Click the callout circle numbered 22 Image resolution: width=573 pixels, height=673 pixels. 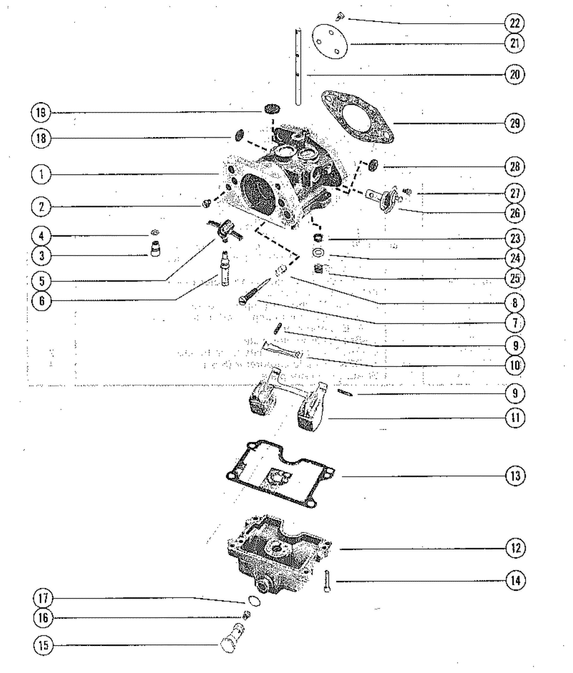(515, 23)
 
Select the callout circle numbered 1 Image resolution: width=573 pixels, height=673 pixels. (41, 175)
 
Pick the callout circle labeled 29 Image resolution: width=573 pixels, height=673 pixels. (515, 123)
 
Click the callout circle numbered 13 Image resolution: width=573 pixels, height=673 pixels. (515, 476)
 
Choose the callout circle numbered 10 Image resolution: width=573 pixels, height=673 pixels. (515, 365)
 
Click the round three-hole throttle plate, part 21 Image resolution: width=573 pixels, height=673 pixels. (329, 42)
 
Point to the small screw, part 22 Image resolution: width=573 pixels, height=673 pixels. (340, 16)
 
